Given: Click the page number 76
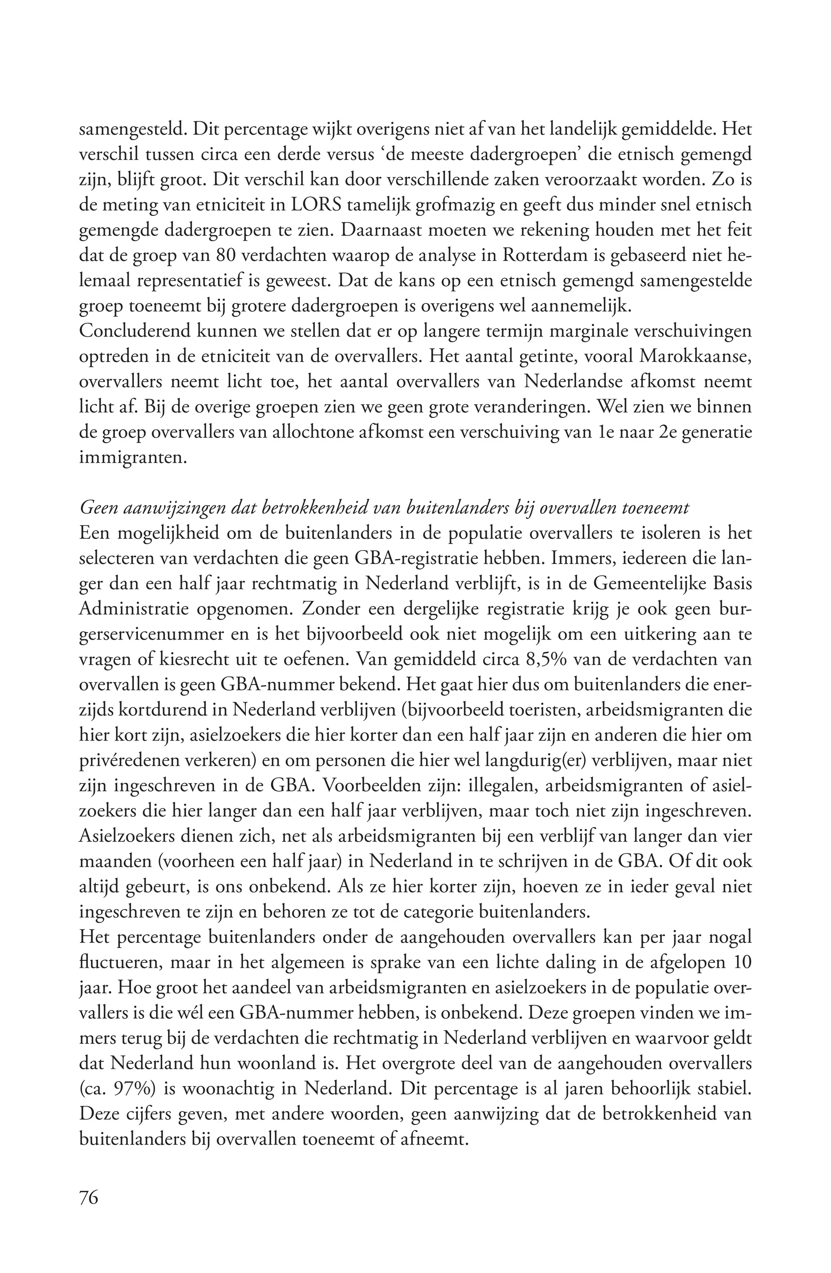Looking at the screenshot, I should [89, 1197].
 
